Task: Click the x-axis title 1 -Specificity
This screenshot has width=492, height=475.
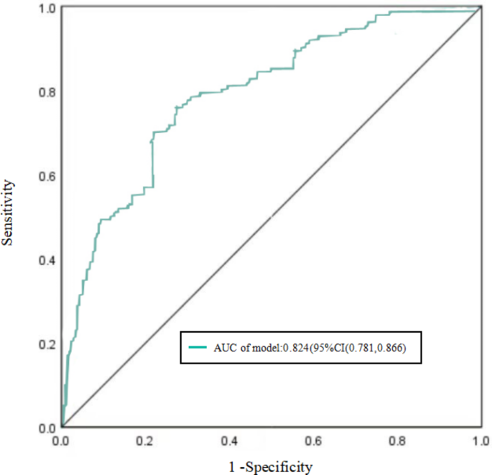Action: pyautogui.click(x=271, y=467)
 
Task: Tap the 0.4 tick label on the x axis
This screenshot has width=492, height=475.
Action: pyautogui.click(x=229, y=439)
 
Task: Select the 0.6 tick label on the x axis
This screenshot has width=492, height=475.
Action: pyautogui.click(x=313, y=439)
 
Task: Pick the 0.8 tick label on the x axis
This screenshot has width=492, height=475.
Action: pyautogui.click(x=397, y=439)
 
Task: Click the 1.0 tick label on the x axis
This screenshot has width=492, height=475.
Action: pyautogui.click(x=480, y=439)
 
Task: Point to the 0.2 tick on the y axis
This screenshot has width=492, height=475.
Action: pyautogui.click(x=47, y=344)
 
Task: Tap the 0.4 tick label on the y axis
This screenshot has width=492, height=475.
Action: pyautogui.click(x=47, y=260)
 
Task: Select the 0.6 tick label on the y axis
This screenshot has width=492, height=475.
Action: pyautogui.click(x=47, y=176)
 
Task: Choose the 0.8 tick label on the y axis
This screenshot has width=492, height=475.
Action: pyautogui.click(x=47, y=92)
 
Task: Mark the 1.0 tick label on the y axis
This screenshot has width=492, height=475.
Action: pyautogui.click(x=47, y=9)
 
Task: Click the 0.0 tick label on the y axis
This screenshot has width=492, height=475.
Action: pyautogui.click(x=47, y=428)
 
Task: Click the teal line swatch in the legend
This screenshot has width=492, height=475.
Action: pyautogui.click(x=198, y=348)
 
